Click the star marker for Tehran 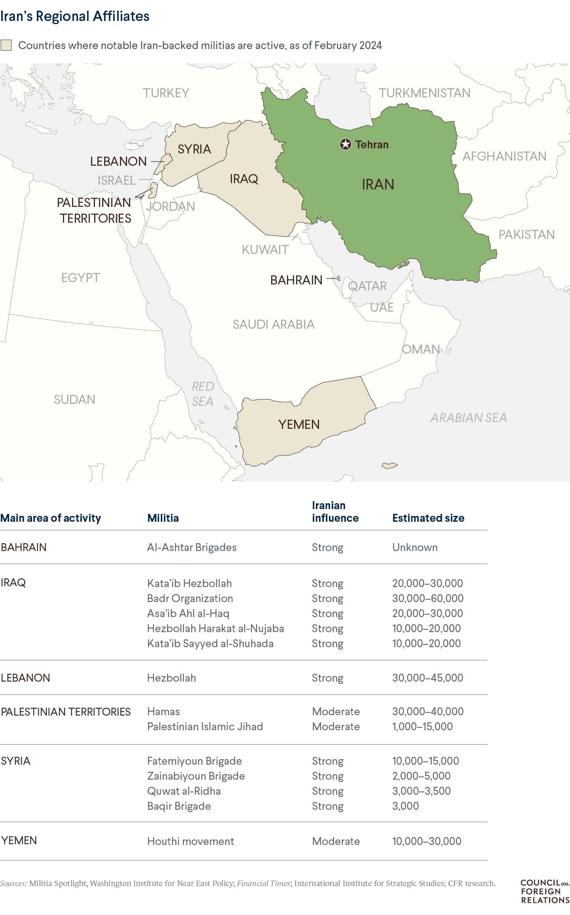(x=346, y=144)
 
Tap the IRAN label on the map (x=378, y=184)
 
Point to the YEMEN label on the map (x=299, y=424)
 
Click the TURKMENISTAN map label (x=424, y=93)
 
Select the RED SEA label (x=203, y=394)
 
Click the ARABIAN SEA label (x=469, y=418)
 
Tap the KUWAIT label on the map (x=265, y=250)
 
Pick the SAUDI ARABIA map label (x=274, y=324)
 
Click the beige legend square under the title (x=6, y=45)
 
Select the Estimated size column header (x=428, y=518)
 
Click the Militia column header (x=163, y=518)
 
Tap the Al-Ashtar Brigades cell (x=192, y=547)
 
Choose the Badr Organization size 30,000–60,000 (x=428, y=599)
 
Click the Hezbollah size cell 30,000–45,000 (x=427, y=678)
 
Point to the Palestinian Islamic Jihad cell (x=205, y=727)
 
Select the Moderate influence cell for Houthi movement (x=336, y=841)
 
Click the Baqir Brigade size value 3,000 (x=405, y=806)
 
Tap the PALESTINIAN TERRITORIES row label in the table (x=66, y=712)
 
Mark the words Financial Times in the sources (x=264, y=883)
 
